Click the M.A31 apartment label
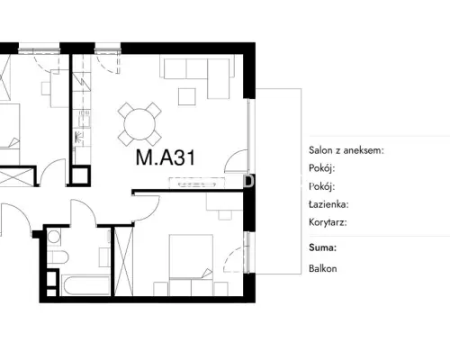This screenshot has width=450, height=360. (x=166, y=157)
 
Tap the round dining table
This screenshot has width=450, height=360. (x=139, y=124)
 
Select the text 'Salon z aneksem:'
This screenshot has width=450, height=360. (x=346, y=150)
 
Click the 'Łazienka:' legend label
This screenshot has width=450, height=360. (x=328, y=204)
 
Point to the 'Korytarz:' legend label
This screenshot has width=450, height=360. (x=328, y=222)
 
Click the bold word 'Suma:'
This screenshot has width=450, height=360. (x=322, y=247)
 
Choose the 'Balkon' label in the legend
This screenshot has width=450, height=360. (x=322, y=268)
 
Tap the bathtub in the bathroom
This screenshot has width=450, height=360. (x=85, y=285)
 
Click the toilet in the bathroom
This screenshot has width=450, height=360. (x=58, y=257)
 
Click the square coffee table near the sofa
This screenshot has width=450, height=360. (x=187, y=96)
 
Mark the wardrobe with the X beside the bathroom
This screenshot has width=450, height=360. (x=123, y=261)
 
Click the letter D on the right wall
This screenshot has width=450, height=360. (x=249, y=181)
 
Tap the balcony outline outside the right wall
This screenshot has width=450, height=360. (x=301, y=181)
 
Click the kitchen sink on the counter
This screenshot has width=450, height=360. (x=85, y=119)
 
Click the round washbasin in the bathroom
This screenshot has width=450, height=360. (x=54, y=237)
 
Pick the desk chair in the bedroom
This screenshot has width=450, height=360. (x=225, y=215)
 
